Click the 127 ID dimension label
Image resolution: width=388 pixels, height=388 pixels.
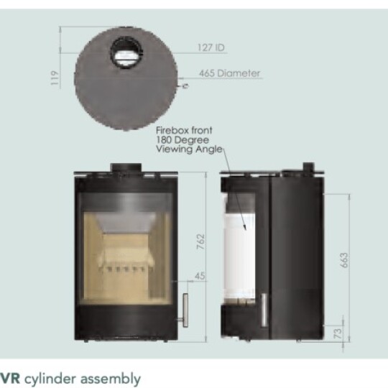tap(211, 48)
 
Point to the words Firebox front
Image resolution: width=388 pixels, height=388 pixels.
tap(184, 131)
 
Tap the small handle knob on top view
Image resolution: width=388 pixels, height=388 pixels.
tap(185, 86)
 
